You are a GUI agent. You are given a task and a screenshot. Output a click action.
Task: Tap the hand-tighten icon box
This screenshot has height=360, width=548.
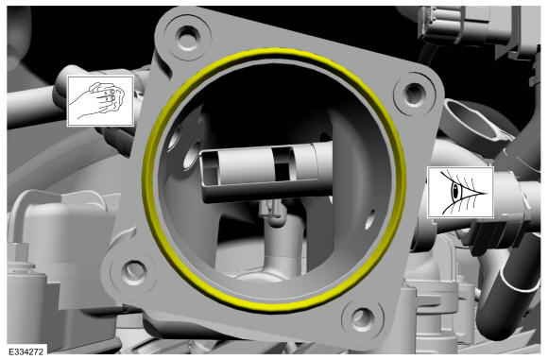(100, 101)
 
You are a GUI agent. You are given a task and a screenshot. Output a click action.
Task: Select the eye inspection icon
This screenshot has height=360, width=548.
(461, 192)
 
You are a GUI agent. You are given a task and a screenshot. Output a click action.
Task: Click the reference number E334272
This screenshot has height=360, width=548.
(26, 351)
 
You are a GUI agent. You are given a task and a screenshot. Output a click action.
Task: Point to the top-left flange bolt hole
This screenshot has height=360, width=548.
(188, 36)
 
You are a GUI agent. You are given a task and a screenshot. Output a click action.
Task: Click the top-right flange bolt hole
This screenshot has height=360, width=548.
(414, 93)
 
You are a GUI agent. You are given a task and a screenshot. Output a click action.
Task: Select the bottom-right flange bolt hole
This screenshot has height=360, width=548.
(362, 318)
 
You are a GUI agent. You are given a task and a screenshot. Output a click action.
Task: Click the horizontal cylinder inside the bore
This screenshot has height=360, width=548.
(265, 172)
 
